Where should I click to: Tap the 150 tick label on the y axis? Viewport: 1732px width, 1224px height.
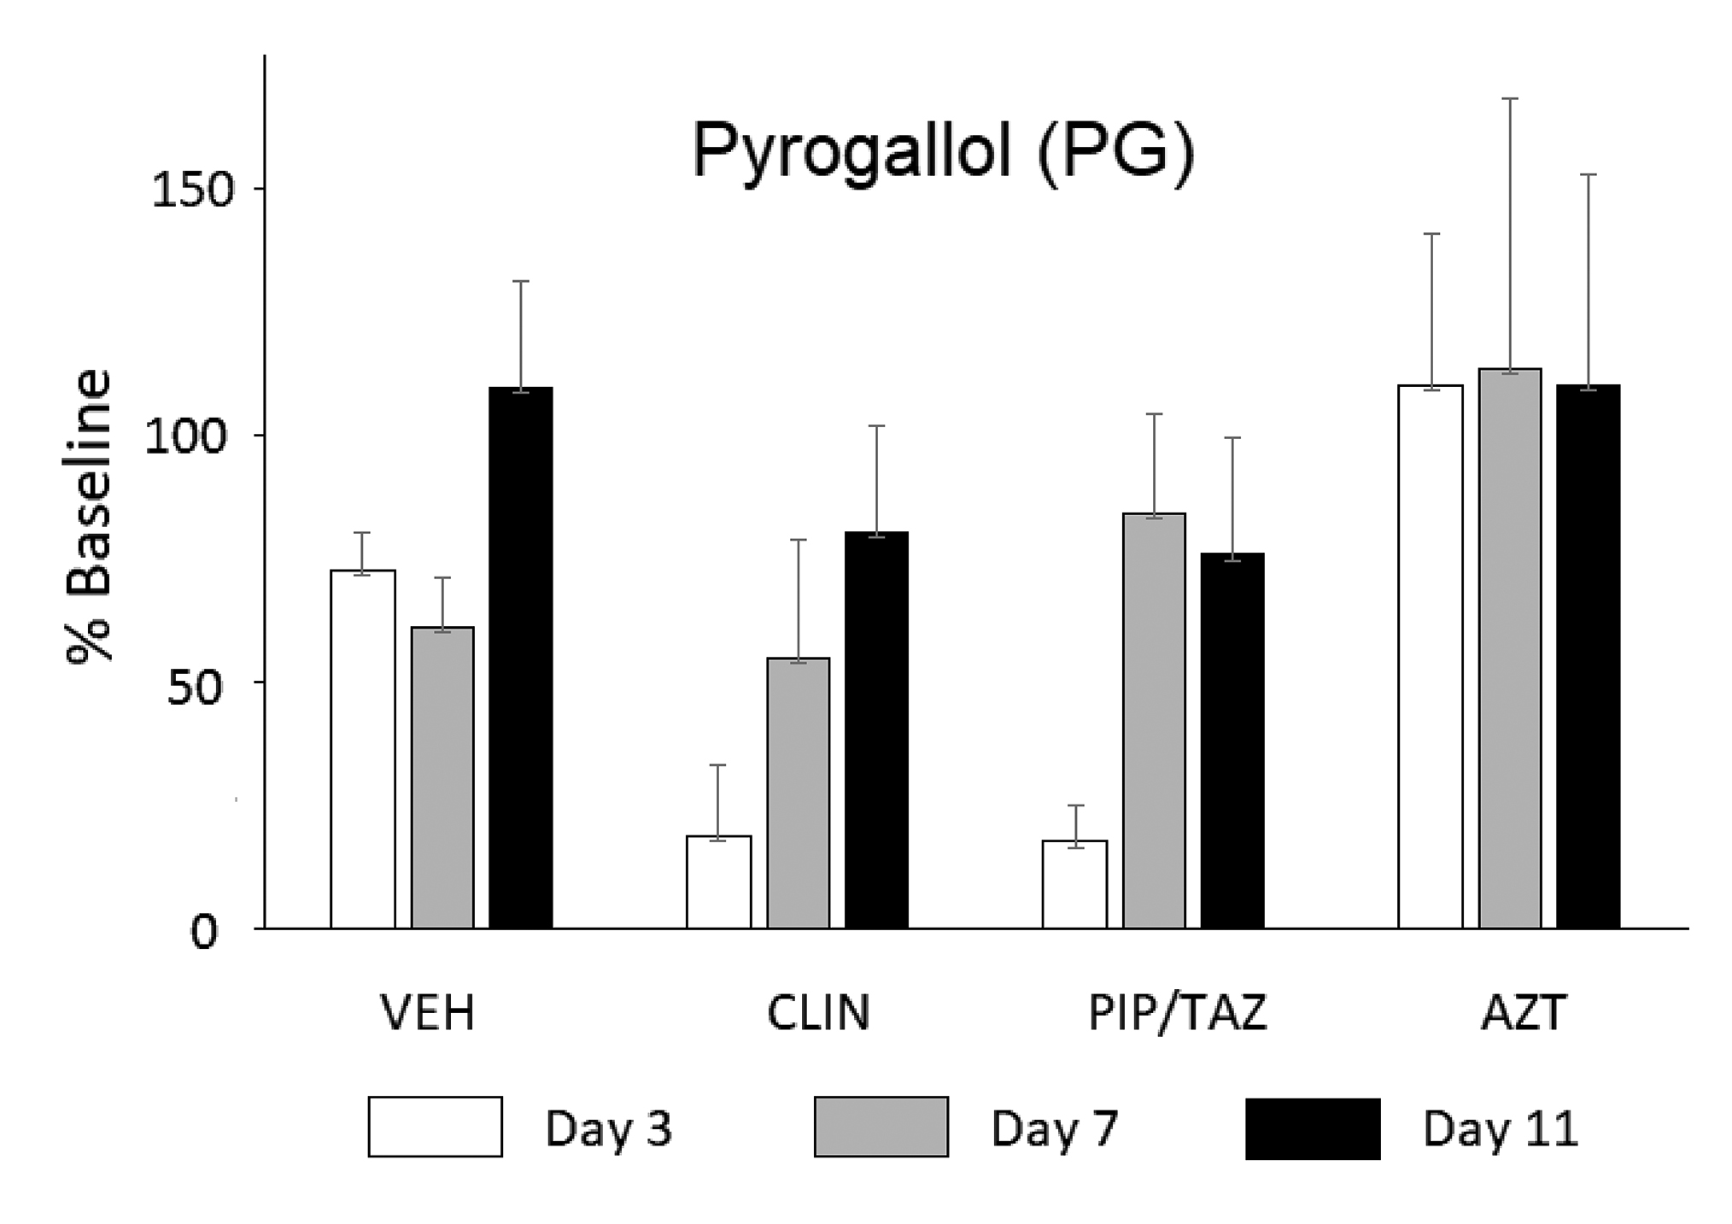[181, 190]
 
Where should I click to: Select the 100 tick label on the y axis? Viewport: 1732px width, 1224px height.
[181, 437]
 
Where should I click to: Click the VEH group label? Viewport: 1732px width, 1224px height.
[427, 1014]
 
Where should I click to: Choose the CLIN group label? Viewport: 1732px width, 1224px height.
[818, 1014]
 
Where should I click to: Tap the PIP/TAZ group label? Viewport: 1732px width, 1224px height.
[1178, 1014]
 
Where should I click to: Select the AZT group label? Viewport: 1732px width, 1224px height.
[1524, 1014]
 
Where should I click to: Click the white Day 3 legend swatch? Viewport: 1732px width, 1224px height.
[435, 1127]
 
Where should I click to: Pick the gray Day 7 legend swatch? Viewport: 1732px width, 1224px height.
[881, 1127]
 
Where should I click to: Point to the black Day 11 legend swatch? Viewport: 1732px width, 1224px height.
[1313, 1127]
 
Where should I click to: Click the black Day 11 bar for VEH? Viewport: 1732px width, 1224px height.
[521, 658]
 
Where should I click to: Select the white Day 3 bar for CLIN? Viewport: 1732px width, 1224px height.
[719, 881]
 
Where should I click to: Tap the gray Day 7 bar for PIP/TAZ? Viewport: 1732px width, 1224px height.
[1154, 720]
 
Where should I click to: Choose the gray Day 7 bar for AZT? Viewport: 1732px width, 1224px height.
[1510, 648]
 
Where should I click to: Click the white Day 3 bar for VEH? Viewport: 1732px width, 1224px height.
[363, 748]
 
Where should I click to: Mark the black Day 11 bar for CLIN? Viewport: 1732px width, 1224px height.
[876, 729]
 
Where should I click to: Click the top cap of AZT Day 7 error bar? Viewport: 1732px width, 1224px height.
[1510, 99]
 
